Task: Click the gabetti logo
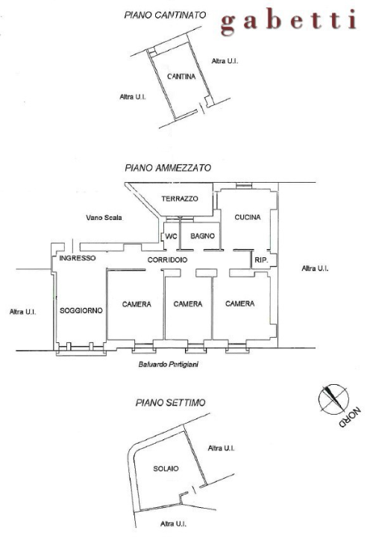pos(288,22)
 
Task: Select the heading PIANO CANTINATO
pos(164,15)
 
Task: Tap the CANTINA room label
pos(182,76)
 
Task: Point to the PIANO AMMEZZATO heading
pos(168,169)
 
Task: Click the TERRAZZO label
pos(180,198)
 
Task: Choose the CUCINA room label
pos(247,217)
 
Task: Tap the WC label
pos(170,236)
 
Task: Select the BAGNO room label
pos(202,236)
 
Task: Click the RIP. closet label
pos(261,260)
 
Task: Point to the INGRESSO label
pos(78,258)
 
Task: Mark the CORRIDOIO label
pos(167,260)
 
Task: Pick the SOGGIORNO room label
pos(81,310)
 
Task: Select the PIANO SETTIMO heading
pos(170,403)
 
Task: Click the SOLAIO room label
pos(166,468)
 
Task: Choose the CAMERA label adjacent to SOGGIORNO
pos(137,304)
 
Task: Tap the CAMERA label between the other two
pos(189,304)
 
